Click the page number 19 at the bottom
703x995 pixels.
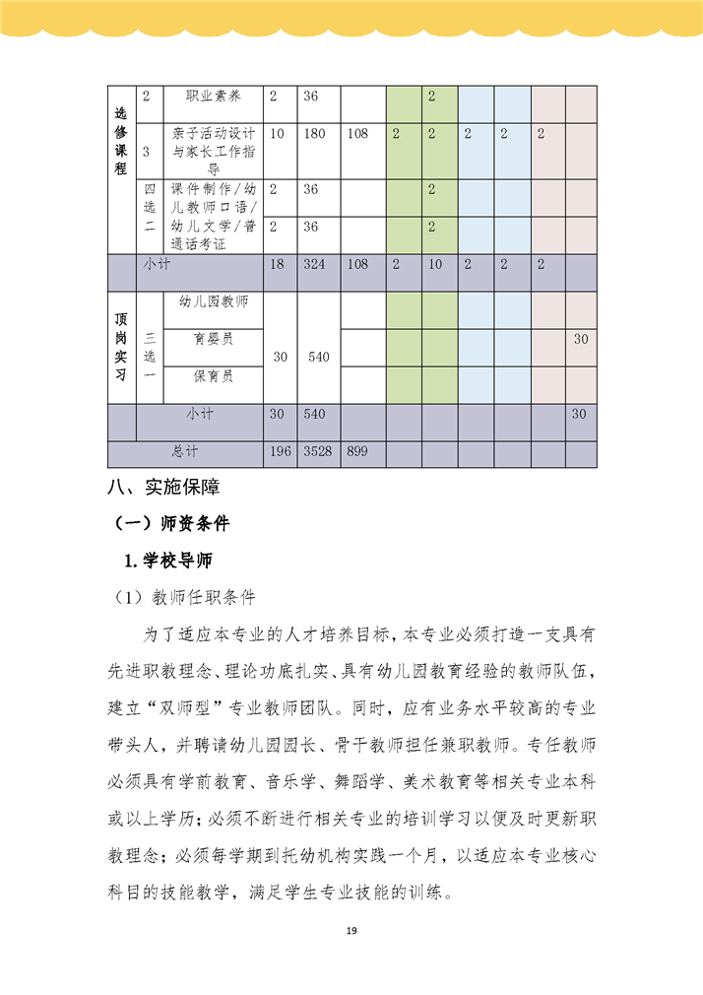coord(351,932)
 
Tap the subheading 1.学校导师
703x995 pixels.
coord(167,561)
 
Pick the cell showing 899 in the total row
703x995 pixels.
coord(359,452)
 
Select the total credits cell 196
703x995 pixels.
coord(280,452)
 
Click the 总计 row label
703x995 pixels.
coord(185,452)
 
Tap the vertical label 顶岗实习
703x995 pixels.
coord(121,346)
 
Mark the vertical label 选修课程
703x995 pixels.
coord(121,138)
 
